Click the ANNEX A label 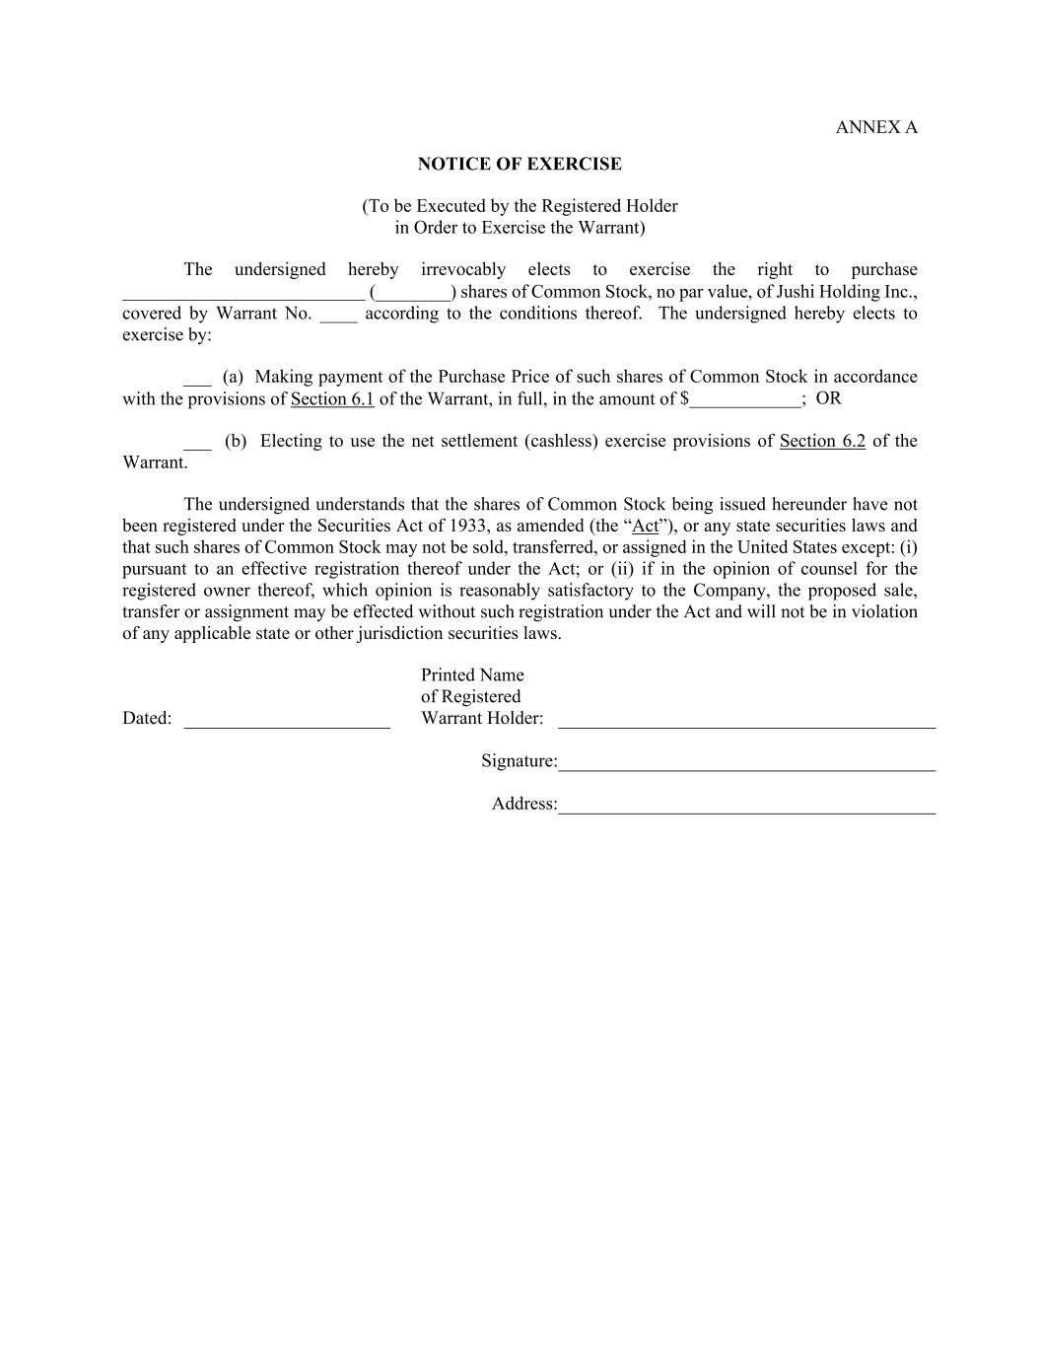[875, 127]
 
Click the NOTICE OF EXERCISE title [520, 164]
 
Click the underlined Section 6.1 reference [332, 398]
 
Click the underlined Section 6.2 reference [822, 441]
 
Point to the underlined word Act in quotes [645, 526]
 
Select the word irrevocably [462, 269]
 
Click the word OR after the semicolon [828, 398]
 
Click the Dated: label [147, 718]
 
